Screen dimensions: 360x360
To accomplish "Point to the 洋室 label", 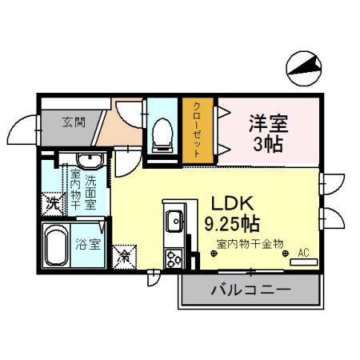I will point(268,124).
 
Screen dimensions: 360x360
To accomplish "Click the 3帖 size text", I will point(269,146).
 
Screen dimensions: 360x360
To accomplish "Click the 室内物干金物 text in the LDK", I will point(250,244).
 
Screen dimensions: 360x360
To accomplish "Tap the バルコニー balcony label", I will point(250,289).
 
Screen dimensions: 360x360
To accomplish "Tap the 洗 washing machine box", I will point(50,202).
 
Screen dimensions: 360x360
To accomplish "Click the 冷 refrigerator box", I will point(124,257).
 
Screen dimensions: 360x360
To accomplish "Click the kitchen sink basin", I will point(174,218).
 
